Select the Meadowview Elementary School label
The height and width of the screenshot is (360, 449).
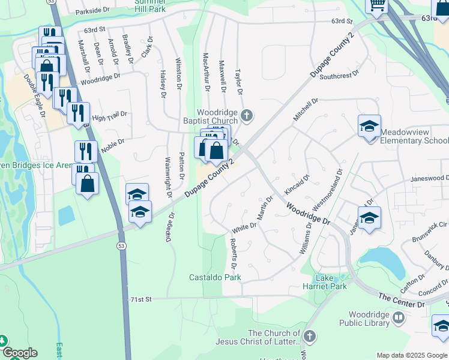[414, 136]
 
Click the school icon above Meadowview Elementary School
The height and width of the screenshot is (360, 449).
[369, 127]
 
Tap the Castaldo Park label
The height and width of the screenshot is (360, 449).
[215, 277]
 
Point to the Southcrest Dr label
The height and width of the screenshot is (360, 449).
[339, 76]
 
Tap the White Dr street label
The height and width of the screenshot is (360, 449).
[244, 227]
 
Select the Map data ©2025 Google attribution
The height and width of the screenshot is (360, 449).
[411, 355]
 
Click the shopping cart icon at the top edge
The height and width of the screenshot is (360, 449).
[377, 5]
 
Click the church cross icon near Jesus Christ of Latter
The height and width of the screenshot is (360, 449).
[310, 337]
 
